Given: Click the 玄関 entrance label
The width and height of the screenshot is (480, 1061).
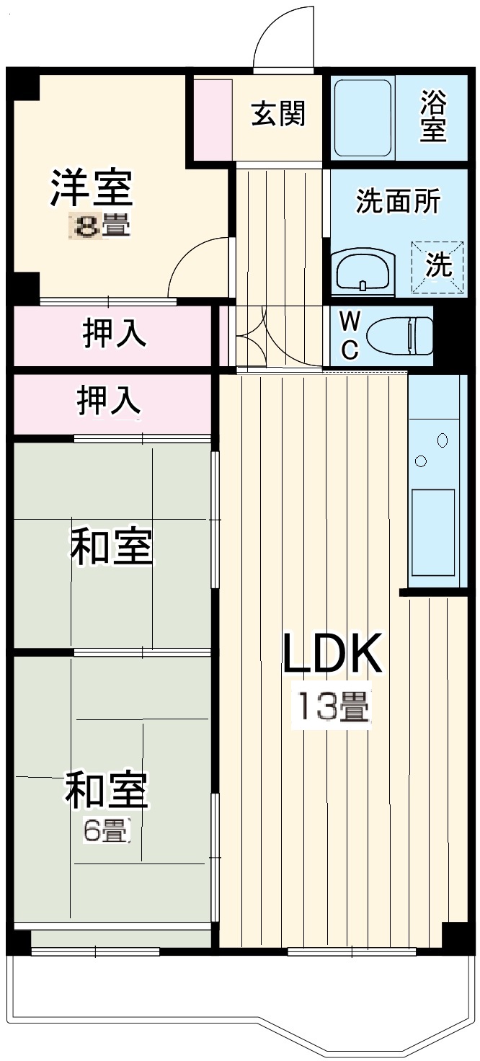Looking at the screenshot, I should click(x=277, y=114).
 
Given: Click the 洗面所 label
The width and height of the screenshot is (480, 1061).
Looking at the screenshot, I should click(x=398, y=203).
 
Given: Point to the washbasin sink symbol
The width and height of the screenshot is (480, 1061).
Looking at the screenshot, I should click(x=364, y=271).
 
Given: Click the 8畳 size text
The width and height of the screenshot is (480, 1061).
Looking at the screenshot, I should click(x=99, y=226).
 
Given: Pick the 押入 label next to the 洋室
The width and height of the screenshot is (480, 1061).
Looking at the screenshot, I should click(x=115, y=334).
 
